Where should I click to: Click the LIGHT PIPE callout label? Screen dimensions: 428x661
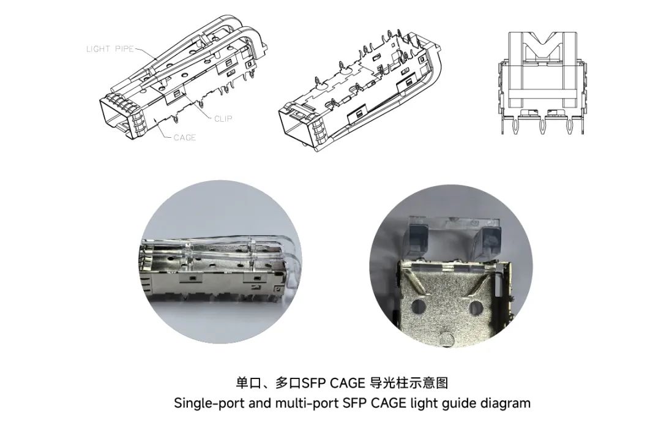click(x=110, y=49)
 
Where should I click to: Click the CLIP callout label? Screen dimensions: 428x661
click(x=223, y=118)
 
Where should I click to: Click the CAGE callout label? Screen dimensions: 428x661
click(x=184, y=138)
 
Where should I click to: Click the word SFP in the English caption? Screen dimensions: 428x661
click(x=356, y=403)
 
